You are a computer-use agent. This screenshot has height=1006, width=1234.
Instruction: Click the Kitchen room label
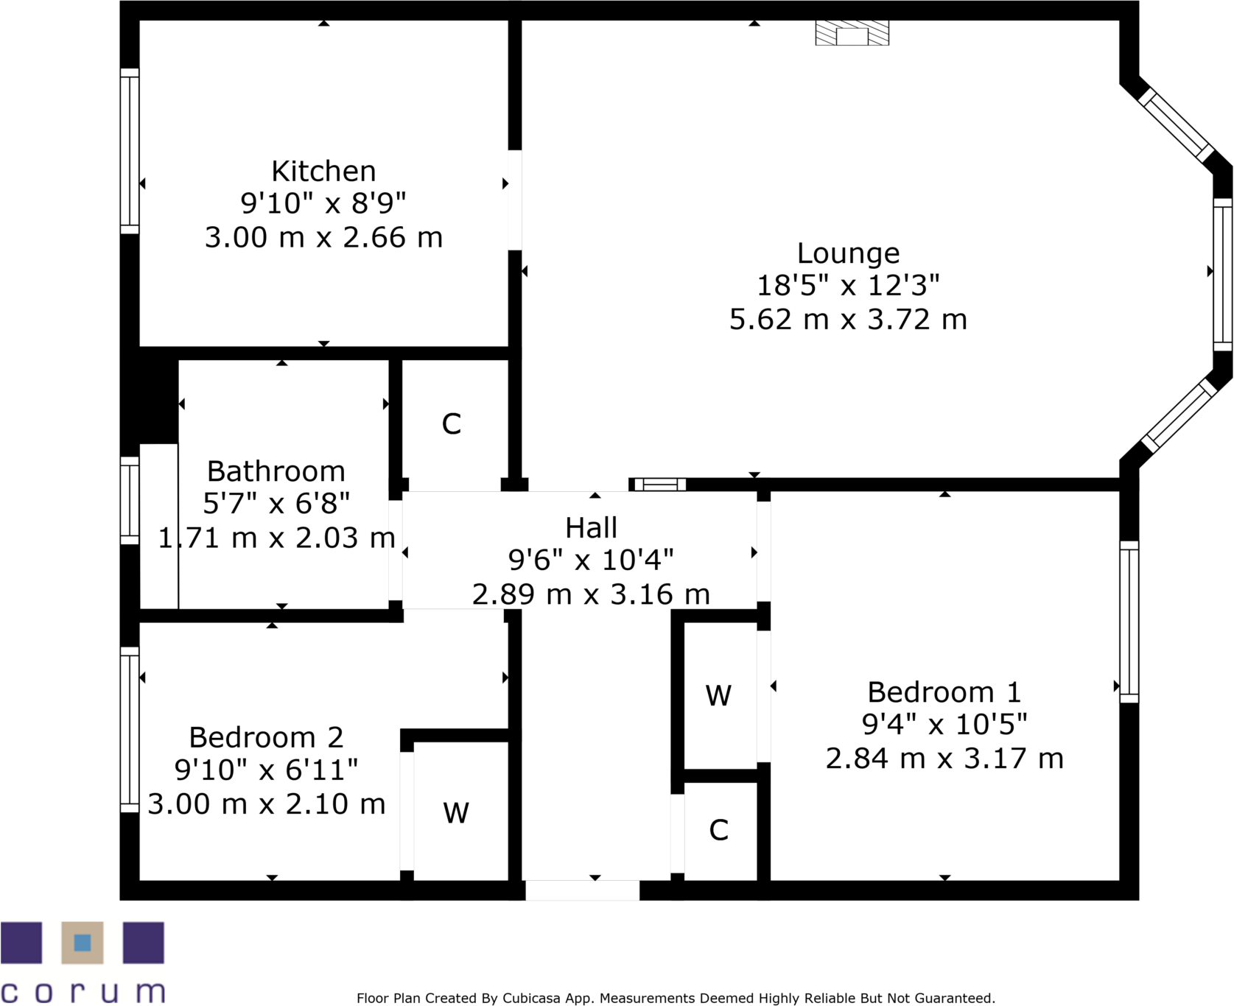tap(323, 172)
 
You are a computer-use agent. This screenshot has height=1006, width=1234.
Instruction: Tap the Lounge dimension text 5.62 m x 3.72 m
tap(848, 320)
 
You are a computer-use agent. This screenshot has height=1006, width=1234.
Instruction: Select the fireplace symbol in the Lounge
tap(852, 34)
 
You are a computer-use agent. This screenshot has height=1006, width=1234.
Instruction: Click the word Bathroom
tap(276, 471)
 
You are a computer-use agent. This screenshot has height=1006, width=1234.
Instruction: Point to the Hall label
tap(591, 528)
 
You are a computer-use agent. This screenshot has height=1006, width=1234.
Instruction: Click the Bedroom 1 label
tap(944, 692)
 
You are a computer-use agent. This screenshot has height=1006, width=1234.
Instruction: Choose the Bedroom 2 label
tap(266, 737)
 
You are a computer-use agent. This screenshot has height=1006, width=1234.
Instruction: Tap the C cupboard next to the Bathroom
tap(452, 424)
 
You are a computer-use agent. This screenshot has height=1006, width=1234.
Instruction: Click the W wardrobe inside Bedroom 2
tap(456, 813)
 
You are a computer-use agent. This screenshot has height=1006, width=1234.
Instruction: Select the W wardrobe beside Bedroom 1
tap(718, 695)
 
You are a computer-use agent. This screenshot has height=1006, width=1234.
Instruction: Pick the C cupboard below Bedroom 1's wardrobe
tap(718, 830)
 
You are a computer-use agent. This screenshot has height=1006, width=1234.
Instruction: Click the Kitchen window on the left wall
tap(130, 151)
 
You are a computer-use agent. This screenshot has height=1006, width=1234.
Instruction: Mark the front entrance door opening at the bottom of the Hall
tap(582, 890)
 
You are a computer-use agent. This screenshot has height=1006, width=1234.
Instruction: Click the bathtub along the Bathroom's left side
tap(159, 526)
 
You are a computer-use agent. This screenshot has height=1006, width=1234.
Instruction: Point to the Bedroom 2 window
tap(130, 729)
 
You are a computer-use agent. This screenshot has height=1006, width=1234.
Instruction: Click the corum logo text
tap(83, 991)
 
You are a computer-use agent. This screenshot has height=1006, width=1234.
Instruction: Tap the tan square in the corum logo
tap(83, 943)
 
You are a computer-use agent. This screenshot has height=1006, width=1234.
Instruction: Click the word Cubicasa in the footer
tap(529, 999)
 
